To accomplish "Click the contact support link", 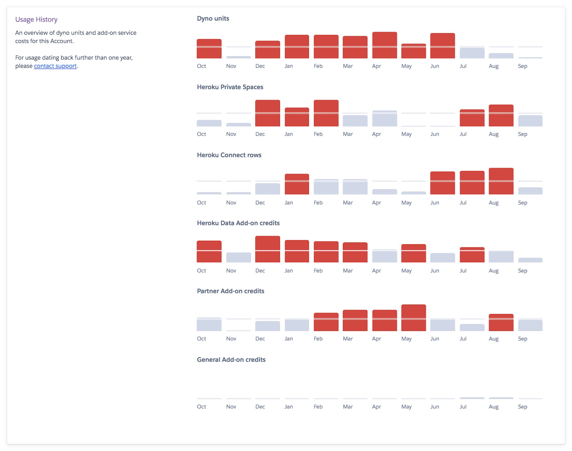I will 55,66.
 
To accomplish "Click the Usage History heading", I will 36,20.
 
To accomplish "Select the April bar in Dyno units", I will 384,45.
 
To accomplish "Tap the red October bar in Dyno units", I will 209,49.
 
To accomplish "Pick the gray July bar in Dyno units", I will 472,53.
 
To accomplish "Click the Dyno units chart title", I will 213,18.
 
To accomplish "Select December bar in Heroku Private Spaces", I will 268,113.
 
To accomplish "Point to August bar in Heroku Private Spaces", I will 501,115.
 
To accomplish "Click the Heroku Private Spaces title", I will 230,87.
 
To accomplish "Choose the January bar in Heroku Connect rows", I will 297,184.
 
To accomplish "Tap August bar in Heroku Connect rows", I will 501,181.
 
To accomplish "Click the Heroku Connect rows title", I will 229,155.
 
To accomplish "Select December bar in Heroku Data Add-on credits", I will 268,249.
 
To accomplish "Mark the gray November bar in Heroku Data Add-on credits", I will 239,257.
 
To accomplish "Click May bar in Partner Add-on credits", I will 413,318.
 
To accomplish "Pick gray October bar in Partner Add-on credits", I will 209,324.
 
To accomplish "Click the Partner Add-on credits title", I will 230,291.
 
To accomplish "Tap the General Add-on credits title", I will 231,360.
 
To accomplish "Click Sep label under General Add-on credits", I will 522,407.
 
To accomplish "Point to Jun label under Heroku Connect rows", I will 435,203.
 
